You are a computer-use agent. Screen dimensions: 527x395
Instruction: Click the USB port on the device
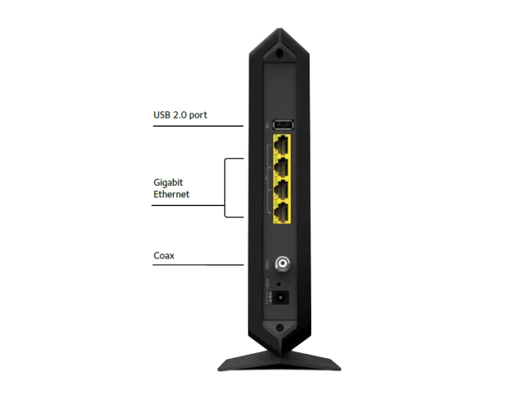click(x=283, y=124)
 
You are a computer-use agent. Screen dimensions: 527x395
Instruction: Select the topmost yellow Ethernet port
click(x=282, y=145)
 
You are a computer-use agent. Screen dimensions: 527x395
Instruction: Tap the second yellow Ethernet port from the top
click(x=282, y=167)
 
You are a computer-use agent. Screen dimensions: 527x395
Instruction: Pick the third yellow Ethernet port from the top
click(x=282, y=189)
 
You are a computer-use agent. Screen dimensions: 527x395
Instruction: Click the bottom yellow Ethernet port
click(x=282, y=212)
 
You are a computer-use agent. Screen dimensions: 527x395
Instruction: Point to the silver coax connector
click(x=282, y=263)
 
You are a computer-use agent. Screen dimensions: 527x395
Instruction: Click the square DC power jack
click(x=280, y=297)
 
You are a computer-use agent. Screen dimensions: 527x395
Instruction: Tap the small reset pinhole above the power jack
click(x=278, y=284)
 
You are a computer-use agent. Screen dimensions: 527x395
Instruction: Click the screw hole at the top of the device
click(x=279, y=53)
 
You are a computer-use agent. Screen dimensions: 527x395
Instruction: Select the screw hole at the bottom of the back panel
click(x=279, y=328)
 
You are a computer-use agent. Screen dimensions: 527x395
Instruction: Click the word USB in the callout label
click(x=161, y=115)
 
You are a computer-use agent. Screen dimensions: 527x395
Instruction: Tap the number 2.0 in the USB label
click(x=180, y=115)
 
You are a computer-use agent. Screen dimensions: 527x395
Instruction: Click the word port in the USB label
click(x=198, y=115)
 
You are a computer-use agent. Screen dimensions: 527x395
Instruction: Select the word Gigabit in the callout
click(x=168, y=183)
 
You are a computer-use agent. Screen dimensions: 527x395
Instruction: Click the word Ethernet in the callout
click(x=171, y=194)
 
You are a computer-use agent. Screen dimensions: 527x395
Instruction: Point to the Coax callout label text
click(x=164, y=256)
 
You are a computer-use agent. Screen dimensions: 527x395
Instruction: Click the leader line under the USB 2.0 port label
click(x=198, y=126)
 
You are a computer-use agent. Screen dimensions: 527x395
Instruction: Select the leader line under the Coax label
click(x=198, y=265)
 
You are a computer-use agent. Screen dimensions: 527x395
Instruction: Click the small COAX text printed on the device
click(x=267, y=263)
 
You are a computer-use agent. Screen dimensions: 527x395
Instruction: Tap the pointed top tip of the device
click(x=280, y=29)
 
